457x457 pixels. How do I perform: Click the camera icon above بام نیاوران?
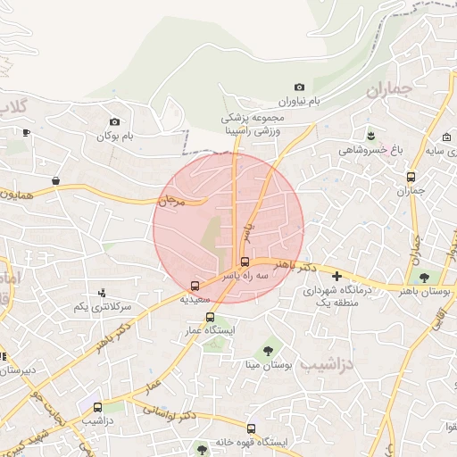299,87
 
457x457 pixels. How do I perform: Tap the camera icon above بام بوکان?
114,121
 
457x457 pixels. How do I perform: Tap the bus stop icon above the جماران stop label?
411,177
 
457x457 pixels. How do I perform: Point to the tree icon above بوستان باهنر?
424,278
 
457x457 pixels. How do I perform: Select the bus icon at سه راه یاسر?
245,262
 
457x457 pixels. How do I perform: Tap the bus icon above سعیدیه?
195,286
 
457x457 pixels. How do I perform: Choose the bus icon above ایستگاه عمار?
210,317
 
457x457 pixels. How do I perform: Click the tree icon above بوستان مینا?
268,351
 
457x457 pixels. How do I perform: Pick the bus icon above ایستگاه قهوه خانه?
251,428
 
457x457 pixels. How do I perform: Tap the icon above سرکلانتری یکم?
103,292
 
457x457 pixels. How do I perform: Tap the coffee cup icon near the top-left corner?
26,133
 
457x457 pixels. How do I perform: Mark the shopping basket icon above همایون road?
55,180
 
